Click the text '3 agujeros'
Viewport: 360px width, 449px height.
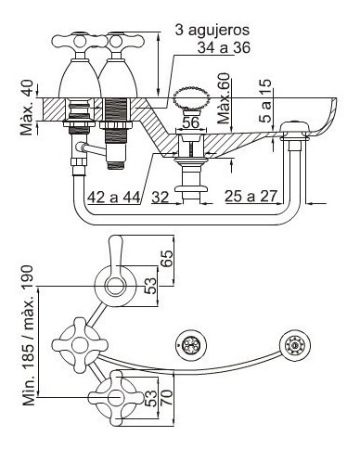pos(212,31)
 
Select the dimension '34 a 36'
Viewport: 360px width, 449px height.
pos(224,47)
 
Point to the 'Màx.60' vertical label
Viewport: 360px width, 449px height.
pos(224,98)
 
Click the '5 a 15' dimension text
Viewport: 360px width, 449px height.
pos(265,101)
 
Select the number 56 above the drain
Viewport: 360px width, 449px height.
pos(190,122)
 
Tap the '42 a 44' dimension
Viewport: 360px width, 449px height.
pos(114,197)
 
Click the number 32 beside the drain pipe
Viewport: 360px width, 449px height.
pos(161,197)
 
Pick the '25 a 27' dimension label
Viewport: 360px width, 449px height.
pos(251,196)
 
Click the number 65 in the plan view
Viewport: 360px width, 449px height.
pos(167,259)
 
